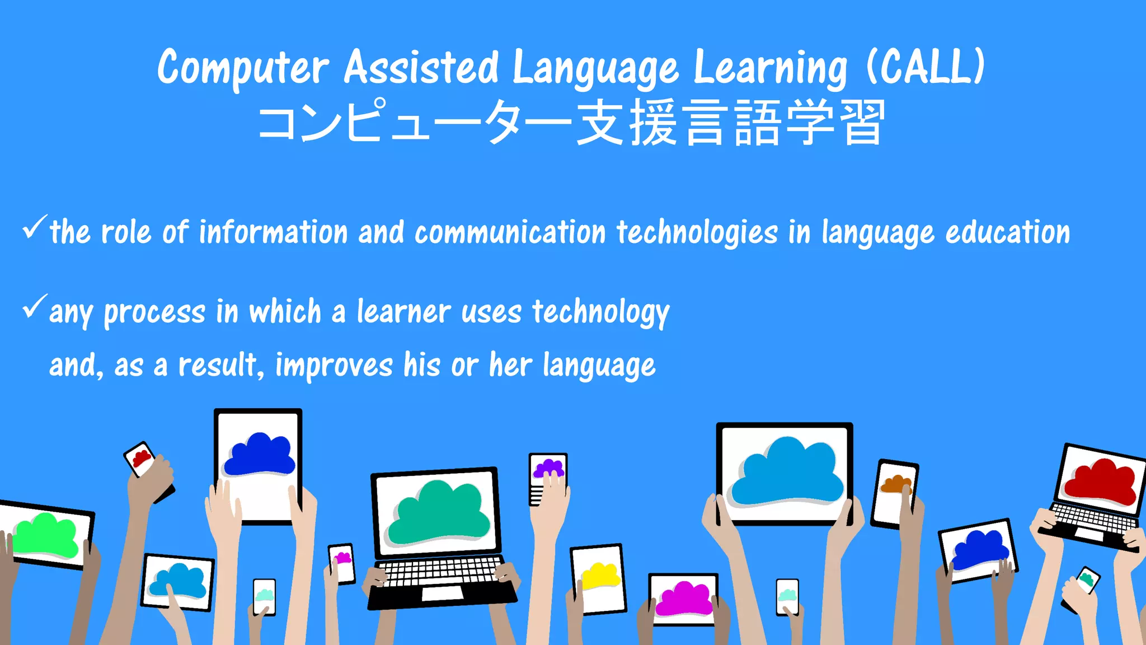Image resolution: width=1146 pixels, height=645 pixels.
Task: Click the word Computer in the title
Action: pyautogui.click(x=243, y=68)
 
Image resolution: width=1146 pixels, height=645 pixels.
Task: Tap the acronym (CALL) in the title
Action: pyautogui.click(x=926, y=67)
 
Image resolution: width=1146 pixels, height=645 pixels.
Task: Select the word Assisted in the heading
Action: pyautogui.click(x=421, y=67)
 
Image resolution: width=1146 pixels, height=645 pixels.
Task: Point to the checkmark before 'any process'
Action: pyautogui.click(x=35, y=306)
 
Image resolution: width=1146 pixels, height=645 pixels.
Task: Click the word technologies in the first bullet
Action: pyautogui.click(x=697, y=233)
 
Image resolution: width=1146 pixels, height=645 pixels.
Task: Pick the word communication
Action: pyautogui.click(x=510, y=232)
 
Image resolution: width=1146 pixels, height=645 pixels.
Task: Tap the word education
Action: pyautogui.click(x=1007, y=232)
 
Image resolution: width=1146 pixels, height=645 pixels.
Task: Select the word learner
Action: pyautogui.click(x=403, y=311)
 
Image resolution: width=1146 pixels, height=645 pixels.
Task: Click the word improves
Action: pyautogui.click(x=334, y=365)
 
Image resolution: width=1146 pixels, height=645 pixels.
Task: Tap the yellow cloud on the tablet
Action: pyautogui.click(x=600, y=576)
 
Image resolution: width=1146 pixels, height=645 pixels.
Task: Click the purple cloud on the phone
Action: pyautogui.click(x=548, y=468)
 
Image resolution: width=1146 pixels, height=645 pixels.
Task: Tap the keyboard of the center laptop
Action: pyautogui.click(x=439, y=571)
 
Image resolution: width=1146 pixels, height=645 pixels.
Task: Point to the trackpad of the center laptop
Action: pyautogui.click(x=442, y=593)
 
